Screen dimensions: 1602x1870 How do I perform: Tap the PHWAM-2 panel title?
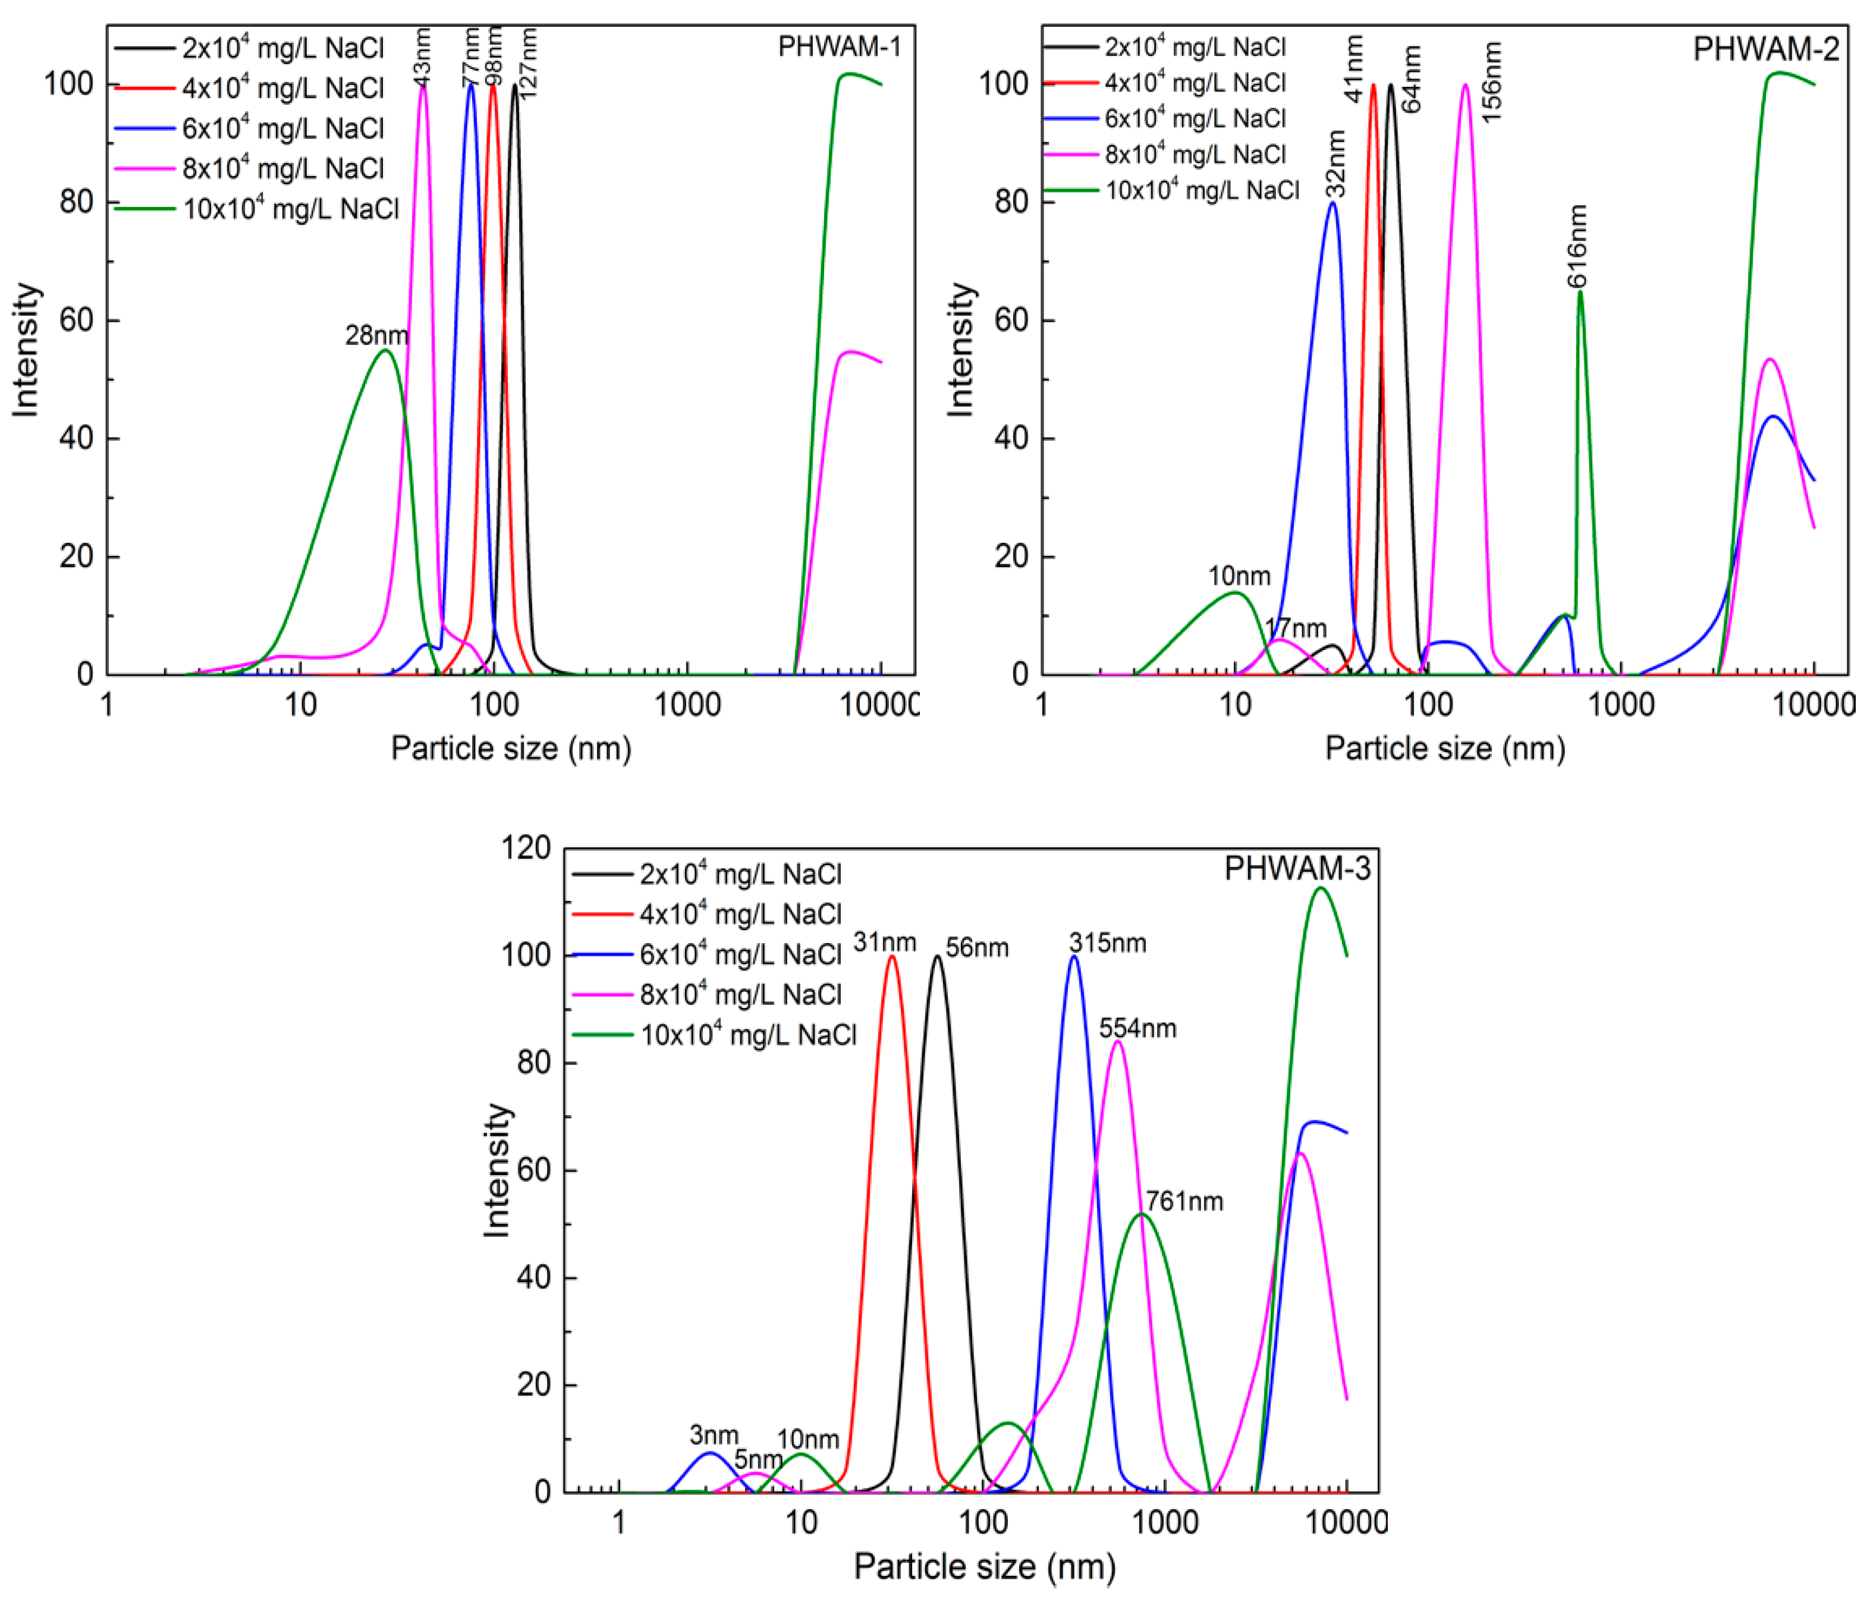(1764, 49)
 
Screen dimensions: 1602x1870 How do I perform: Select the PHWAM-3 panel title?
(1297, 868)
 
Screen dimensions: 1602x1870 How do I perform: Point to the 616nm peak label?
(1577, 246)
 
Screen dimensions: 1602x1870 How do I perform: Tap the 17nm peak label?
(1295, 628)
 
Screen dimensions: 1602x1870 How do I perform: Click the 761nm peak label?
(1184, 1201)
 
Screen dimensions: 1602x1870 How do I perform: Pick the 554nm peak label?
(1137, 1028)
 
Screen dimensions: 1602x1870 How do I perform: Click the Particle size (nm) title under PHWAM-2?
(1444, 748)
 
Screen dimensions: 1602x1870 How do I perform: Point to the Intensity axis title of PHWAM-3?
(497, 1171)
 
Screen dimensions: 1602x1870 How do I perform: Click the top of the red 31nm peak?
(892, 956)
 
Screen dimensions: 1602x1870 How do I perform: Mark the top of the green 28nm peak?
(385, 350)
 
